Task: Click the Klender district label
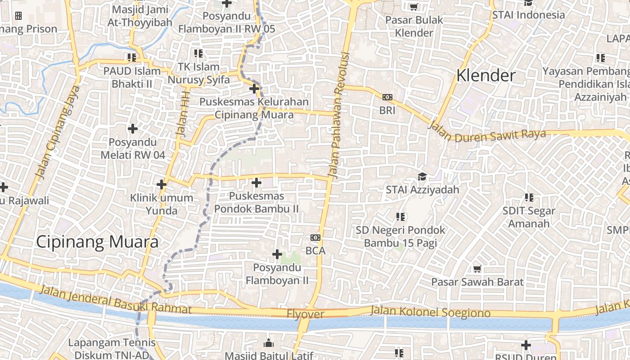click(x=486, y=76)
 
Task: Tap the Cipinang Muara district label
click(x=97, y=242)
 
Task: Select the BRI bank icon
click(x=387, y=97)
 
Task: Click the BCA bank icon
click(x=315, y=237)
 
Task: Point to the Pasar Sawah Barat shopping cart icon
click(x=477, y=269)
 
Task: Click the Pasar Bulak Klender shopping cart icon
click(x=414, y=6)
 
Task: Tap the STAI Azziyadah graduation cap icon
click(x=422, y=176)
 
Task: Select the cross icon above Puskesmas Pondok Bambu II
click(x=256, y=183)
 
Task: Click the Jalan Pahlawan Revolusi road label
click(x=339, y=115)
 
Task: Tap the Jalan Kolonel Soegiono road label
click(x=431, y=311)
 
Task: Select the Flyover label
click(x=306, y=314)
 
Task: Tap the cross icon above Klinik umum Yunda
click(x=162, y=184)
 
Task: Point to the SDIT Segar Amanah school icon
click(x=529, y=197)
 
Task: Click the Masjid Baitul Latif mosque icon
click(x=269, y=343)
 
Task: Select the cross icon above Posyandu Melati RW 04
click(x=133, y=129)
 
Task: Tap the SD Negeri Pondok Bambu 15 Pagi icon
click(x=400, y=217)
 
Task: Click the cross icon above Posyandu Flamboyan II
click(x=277, y=254)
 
